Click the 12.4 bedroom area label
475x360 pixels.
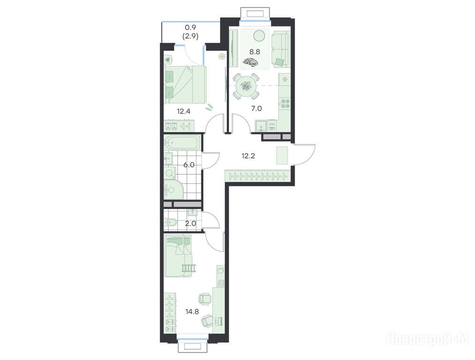point(184,111)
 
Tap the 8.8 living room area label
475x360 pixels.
point(255,52)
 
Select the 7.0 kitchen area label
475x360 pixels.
point(256,108)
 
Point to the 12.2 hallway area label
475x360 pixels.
point(248,156)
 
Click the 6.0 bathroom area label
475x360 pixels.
point(189,165)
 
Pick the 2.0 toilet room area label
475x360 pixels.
point(191,224)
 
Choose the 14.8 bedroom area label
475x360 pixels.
point(192,311)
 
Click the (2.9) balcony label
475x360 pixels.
point(190,37)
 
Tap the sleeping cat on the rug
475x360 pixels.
point(250,62)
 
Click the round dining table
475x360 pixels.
point(245,86)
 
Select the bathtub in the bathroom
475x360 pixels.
point(182,142)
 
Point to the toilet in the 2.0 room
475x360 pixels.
point(170,223)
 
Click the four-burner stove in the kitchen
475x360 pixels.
point(285,104)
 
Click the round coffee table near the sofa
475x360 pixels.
point(260,36)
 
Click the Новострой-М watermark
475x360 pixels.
point(428,339)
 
